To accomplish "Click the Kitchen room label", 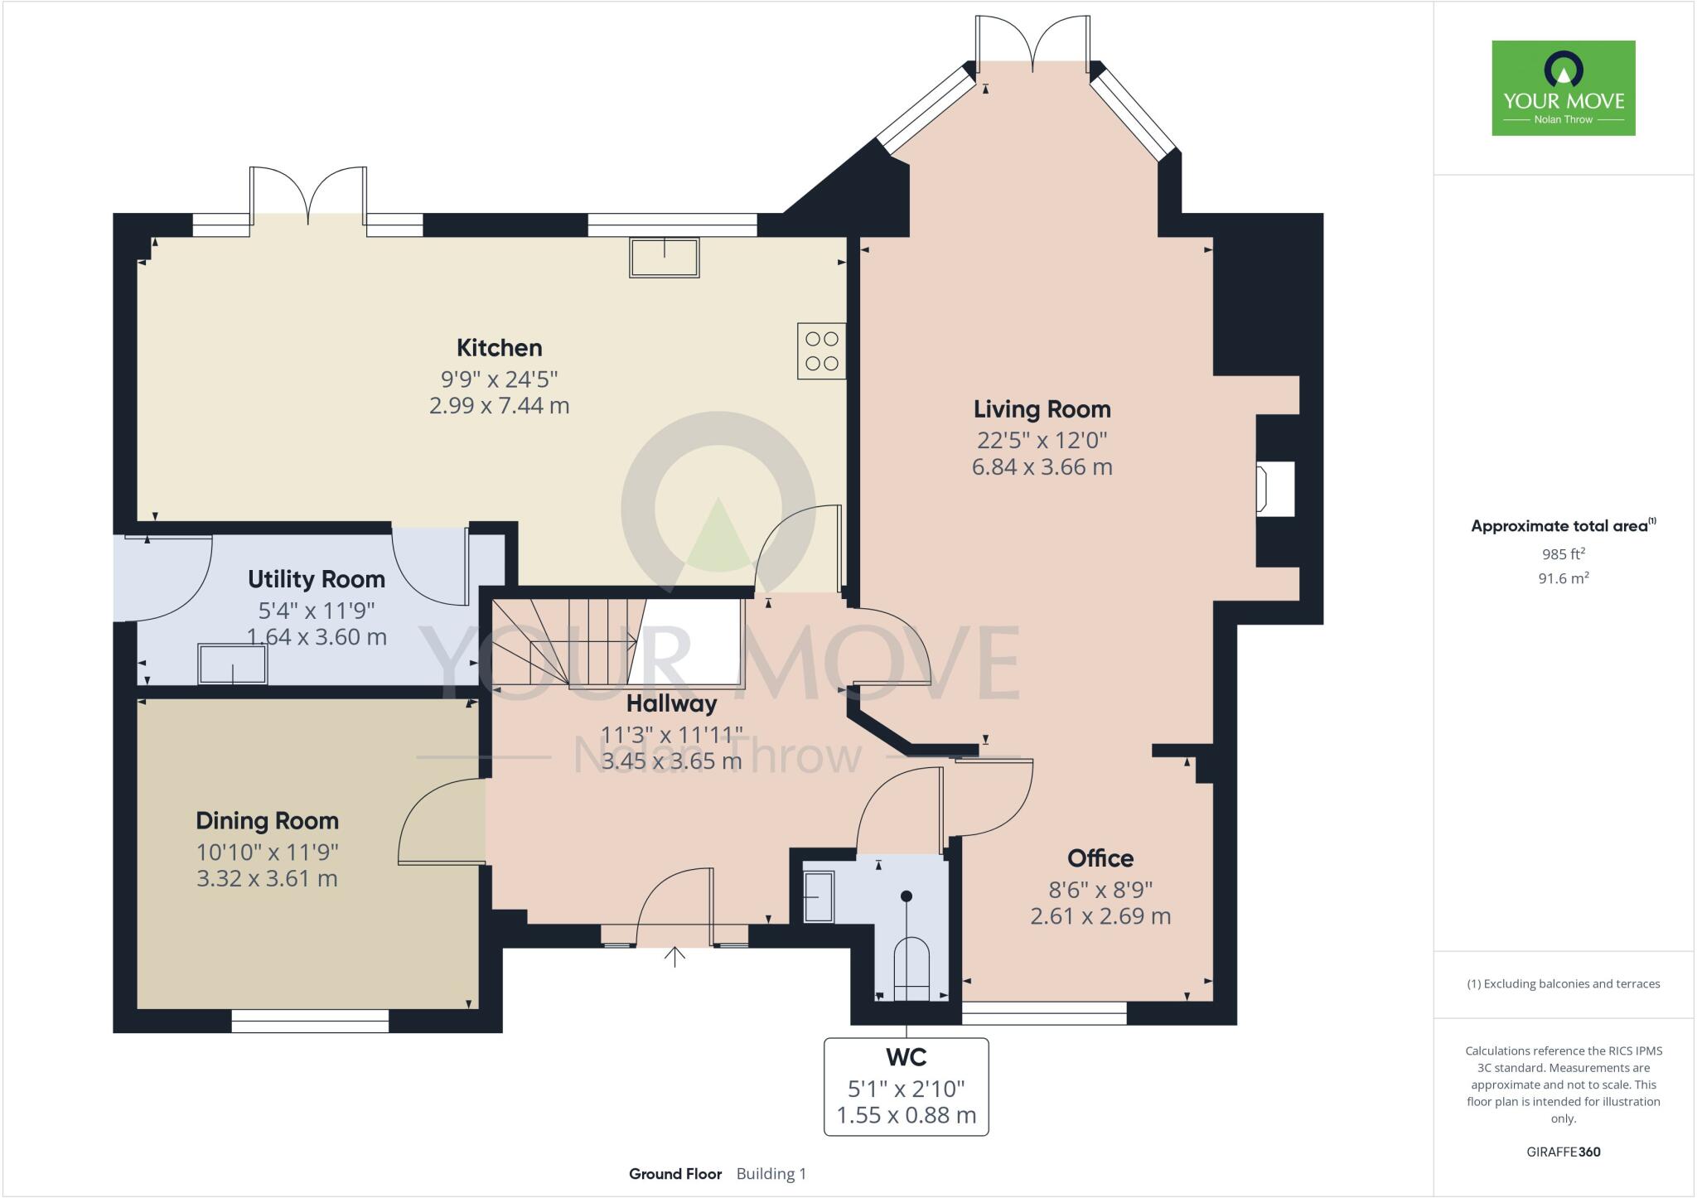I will coord(499,347).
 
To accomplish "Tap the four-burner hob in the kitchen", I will coord(821,350).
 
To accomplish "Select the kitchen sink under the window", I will coord(665,258).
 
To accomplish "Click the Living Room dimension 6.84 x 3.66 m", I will coord(1042,467).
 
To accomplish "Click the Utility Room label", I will coord(316,579).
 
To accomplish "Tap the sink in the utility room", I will coord(233,664).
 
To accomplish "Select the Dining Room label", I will coord(267,821).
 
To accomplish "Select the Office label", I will coord(1100,858).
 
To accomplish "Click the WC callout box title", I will coord(906,1058).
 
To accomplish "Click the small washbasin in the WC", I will coord(819,896).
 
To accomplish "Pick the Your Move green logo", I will coord(1563,88).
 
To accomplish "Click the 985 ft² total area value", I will coord(1563,554).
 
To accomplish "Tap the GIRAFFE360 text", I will coord(1563,1152).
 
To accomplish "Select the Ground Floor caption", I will coord(674,1174).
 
